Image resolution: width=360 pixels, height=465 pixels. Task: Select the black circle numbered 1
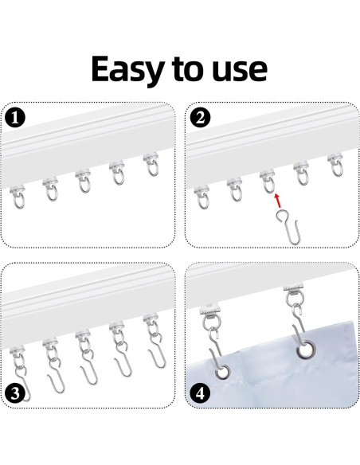[15, 118]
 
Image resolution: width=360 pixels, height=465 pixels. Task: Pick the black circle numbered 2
[200, 118]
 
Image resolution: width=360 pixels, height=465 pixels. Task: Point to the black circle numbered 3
[15, 393]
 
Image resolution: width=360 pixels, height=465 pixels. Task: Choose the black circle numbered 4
[200, 393]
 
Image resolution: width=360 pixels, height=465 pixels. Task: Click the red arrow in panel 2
[277, 201]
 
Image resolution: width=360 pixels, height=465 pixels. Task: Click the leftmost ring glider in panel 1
[18, 197]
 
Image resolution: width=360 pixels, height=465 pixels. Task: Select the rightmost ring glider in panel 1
[152, 164]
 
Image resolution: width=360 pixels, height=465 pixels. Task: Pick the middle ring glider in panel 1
[84, 181]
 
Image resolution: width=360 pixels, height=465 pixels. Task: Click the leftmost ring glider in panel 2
[203, 197]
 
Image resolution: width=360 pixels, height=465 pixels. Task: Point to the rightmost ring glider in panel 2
[336, 165]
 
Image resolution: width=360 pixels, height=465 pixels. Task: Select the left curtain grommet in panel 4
[222, 372]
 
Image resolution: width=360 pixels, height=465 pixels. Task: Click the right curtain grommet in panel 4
[305, 350]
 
